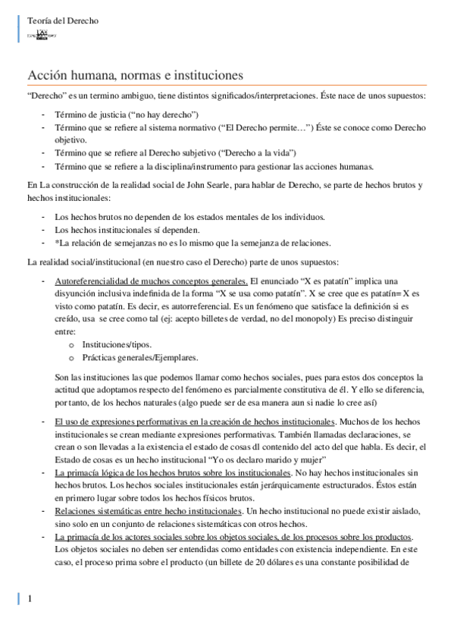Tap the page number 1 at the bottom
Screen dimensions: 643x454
click(x=30, y=599)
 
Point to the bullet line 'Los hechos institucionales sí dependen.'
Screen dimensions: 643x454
click(x=128, y=230)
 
